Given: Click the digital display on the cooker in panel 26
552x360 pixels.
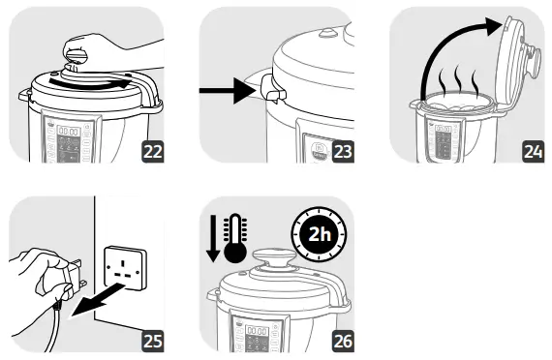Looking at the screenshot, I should pos(257,330).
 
